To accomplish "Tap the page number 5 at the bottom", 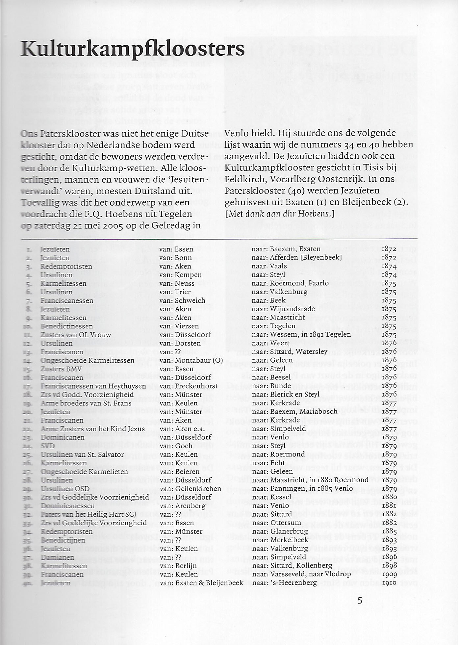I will pyautogui.click(x=360, y=600).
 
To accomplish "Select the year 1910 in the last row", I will pyautogui.click(x=389, y=583).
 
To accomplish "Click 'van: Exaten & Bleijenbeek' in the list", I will pyautogui.click(x=201, y=583).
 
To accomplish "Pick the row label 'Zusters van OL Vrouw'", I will pyautogui.click(x=76, y=335).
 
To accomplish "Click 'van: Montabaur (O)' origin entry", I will pyautogui.click(x=191, y=360).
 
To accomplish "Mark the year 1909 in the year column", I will pyautogui.click(x=389, y=574).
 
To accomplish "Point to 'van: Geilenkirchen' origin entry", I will pyautogui.click(x=190, y=489).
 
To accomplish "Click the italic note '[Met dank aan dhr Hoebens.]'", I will pyautogui.click(x=280, y=214).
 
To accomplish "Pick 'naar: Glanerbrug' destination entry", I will pyautogui.click(x=280, y=531).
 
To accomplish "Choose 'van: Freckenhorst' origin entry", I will pyautogui.click(x=189, y=386).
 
